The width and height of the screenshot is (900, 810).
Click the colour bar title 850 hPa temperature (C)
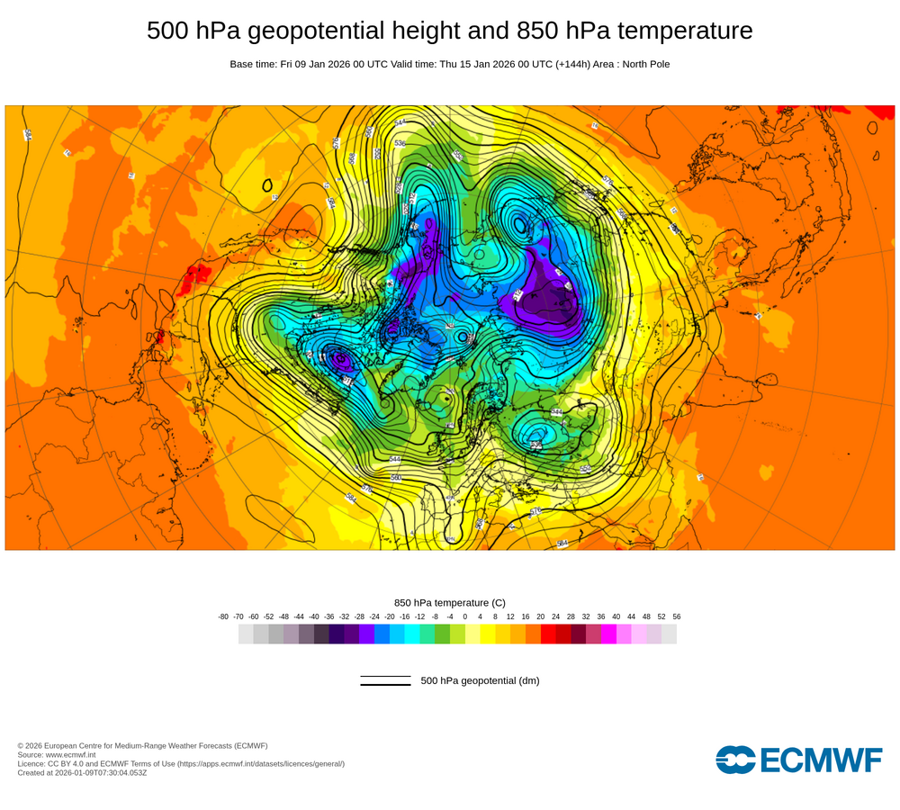(450, 602)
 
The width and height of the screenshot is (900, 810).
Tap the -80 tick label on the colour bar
(223, 616)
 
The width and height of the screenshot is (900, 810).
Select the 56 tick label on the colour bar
(677, 616)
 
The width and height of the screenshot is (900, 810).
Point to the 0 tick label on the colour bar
(465, 616)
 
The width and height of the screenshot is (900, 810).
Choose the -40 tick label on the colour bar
(314, 616)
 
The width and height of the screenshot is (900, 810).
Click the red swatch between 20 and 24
(548, 634)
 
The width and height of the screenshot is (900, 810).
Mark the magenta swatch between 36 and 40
(608, 634)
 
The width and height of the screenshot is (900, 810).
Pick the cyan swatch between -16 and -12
(412, 634)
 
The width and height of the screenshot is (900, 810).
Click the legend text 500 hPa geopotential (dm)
(480, 680)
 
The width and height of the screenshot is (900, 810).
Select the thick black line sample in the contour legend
(385, 685)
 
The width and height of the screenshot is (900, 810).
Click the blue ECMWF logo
(799, 760)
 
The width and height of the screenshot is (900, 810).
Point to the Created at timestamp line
(82, 772)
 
